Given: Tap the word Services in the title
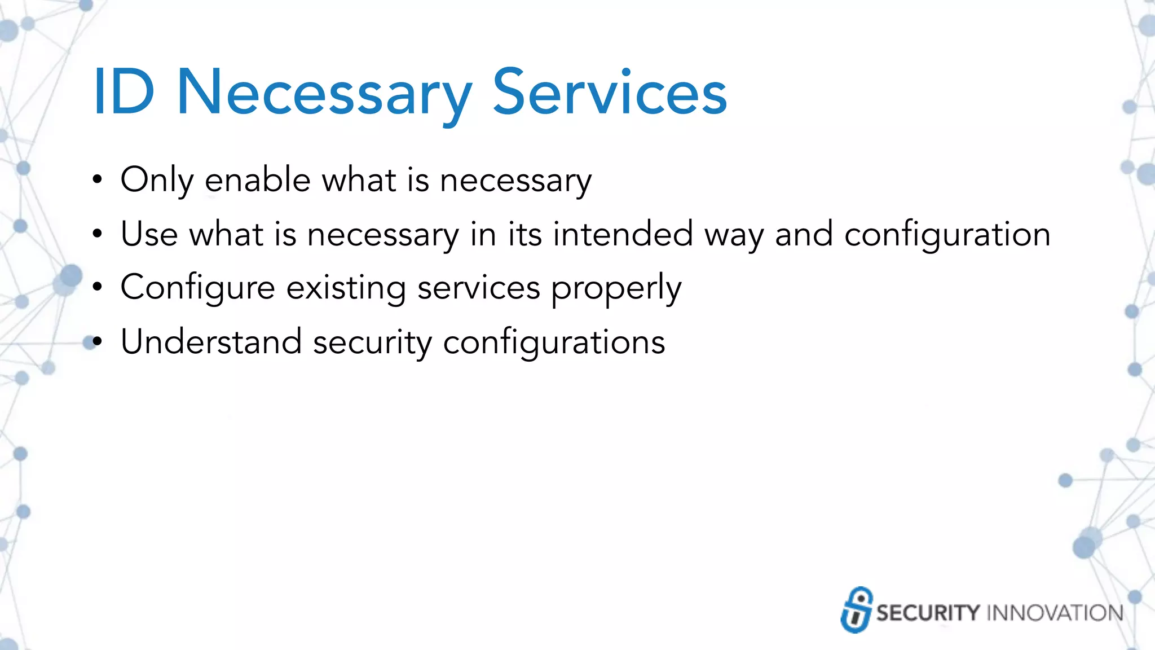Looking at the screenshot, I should [x=610, y=92].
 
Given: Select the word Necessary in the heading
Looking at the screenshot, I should [x=324, y=93].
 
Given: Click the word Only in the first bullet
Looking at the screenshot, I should [x=157, y=181].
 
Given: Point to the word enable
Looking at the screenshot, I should [x=258, y=181].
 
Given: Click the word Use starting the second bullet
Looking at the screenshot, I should [x=149, y=234].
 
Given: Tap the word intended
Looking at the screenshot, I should [x=623, y=234].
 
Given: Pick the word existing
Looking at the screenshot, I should [x=346, y=288].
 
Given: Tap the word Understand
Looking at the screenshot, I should [x=211, y=342].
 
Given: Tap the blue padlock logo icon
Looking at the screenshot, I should [x=857, y=610].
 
